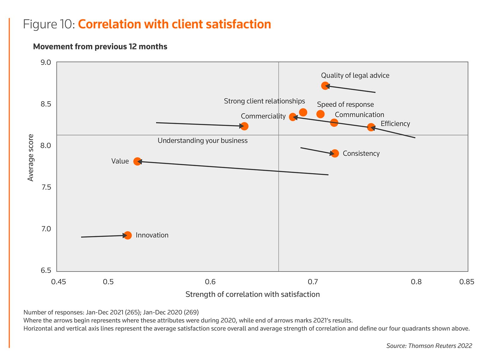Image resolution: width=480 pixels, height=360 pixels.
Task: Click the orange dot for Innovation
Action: [127, 235]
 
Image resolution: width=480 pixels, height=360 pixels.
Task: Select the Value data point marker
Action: [137, 161]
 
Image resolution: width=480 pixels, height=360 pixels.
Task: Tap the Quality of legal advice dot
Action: [325, 86]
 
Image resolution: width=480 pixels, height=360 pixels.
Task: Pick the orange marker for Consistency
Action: [335, 153]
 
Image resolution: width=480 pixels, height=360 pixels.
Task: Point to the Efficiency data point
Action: [371, 127]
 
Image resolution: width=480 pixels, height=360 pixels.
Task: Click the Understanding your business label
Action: [202, 141]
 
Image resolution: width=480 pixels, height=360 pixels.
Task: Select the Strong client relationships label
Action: [264, 101]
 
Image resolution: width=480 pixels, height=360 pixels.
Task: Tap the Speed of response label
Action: [345, 104]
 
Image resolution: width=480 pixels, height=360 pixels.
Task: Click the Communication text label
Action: [359, 115]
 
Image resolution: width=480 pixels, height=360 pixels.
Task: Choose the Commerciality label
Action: [263, 116]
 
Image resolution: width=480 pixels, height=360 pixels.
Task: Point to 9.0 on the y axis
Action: [46, 62]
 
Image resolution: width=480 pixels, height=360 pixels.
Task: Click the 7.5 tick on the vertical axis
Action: [46, 187]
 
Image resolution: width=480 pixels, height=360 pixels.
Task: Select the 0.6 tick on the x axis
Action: [210, 282]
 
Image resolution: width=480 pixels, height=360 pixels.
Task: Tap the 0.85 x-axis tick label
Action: [467, 282]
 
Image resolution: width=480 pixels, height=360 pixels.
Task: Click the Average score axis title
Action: [31, 157]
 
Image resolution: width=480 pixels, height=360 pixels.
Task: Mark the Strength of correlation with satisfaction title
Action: [253, 294]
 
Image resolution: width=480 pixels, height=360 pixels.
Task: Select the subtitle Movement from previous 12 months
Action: [100, 46]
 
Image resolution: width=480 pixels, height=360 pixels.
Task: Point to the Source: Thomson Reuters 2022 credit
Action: [429, 346]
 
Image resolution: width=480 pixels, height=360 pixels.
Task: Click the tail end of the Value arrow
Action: [328, 175]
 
